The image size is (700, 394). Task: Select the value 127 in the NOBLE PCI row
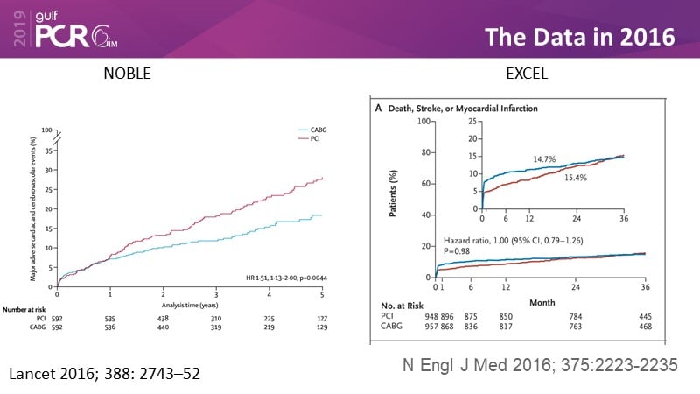tap(321, 319)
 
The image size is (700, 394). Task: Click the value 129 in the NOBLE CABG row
tap(321, 328)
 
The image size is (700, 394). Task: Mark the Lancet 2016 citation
tap(104, 374)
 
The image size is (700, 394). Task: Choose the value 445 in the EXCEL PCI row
tap(645, 316)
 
